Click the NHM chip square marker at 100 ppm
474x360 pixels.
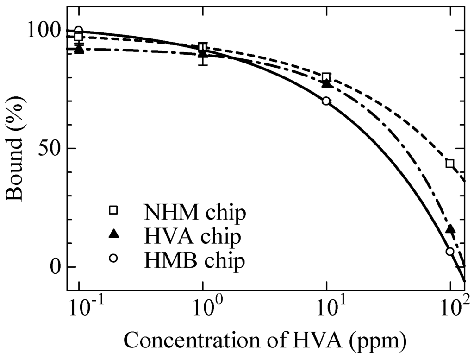(x=450, y=163)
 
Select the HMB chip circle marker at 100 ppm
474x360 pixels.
(x=450, y=251)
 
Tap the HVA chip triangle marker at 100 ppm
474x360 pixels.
(x=450, y=229)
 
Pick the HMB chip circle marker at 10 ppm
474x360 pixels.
(x=326, y=101)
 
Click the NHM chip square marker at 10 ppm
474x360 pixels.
(x=326, y=77)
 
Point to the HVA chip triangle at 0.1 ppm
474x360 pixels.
(x=79, y=49)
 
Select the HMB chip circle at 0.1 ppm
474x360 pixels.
(x=79, y=31)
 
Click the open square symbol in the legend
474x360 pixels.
(x=113, y=210)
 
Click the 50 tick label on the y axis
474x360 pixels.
(x=50, y=149)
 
